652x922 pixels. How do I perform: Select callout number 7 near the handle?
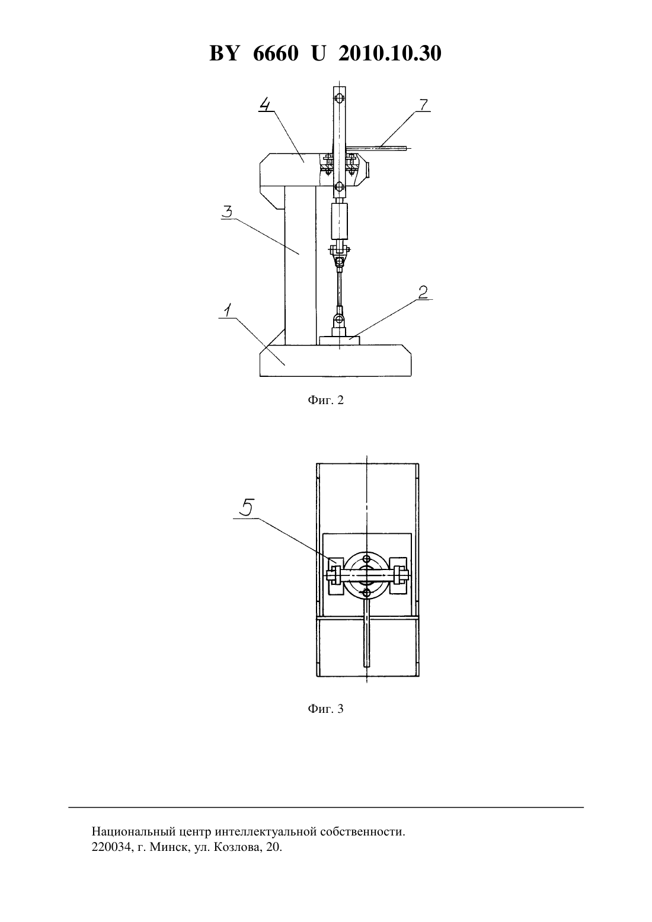pos(423,105)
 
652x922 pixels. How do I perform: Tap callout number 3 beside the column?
pos(227,212)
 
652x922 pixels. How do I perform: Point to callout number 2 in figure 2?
pos(423,292)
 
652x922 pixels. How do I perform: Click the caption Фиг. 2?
pos(325,399)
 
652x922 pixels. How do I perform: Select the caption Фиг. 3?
pos(325,708)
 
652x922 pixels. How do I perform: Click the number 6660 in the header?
pos(276,53)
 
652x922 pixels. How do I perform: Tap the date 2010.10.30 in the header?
pos(390,53)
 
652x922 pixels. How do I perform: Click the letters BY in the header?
pos(224,53)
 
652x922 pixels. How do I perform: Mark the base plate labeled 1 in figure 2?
pos(335,361)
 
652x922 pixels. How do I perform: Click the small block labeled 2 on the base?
pos(339,340)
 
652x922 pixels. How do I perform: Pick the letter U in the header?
pos(318,53)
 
